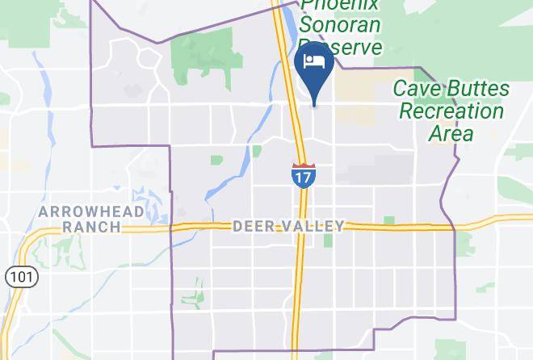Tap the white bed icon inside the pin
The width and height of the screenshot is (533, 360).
315,62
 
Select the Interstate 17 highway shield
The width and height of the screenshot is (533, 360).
303,175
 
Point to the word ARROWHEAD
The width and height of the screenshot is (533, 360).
91,211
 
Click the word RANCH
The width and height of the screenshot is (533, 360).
91,227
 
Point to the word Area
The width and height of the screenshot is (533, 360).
450,132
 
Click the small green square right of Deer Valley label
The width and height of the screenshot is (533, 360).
389,220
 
